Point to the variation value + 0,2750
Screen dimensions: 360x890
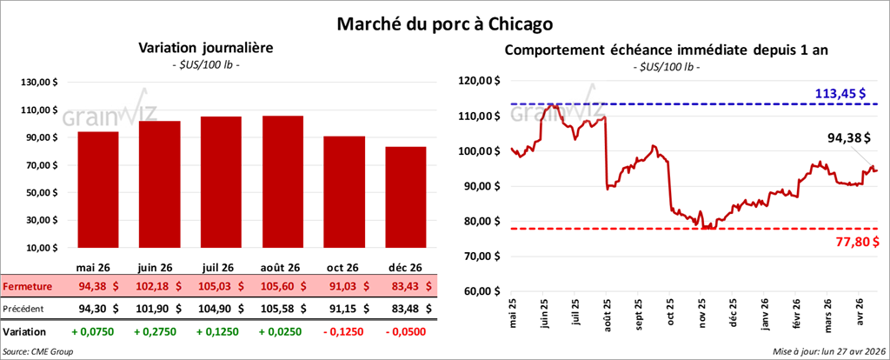click(158, 331)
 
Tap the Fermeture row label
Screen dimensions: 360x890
click(27, 287)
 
